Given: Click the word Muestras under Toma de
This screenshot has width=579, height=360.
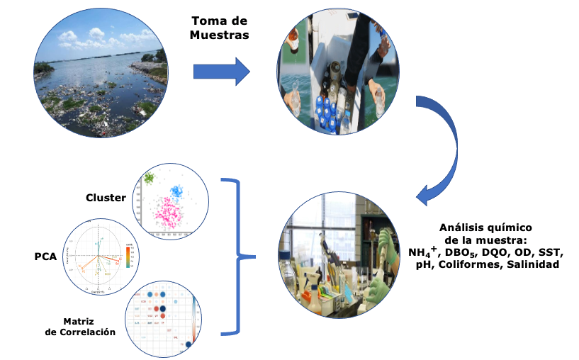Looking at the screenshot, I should (x=219, y=35).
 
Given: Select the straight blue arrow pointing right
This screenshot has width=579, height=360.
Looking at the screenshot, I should (x=222, y=72).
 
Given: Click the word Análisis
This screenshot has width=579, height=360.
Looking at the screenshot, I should (x=461, y=227).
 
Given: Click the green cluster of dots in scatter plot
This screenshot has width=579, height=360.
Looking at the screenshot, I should (x=150, y=178).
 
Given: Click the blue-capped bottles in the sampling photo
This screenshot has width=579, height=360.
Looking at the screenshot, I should (x=327, y=110).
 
